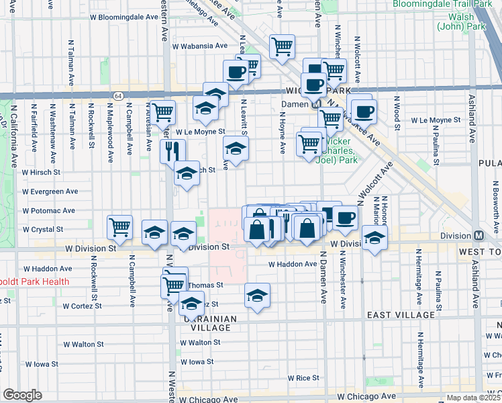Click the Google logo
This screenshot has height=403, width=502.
[22, 395]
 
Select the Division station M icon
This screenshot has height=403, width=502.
[479, 236]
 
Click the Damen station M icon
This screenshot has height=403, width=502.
[315, 105]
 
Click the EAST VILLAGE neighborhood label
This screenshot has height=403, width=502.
[400, 315]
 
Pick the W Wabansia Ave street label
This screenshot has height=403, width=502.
[201, 46]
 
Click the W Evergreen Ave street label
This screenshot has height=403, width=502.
[49, 191]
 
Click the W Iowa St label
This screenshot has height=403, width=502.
[197, 361]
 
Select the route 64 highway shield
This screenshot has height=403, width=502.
[117, 95]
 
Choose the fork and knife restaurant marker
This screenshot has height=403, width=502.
[172, 150]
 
